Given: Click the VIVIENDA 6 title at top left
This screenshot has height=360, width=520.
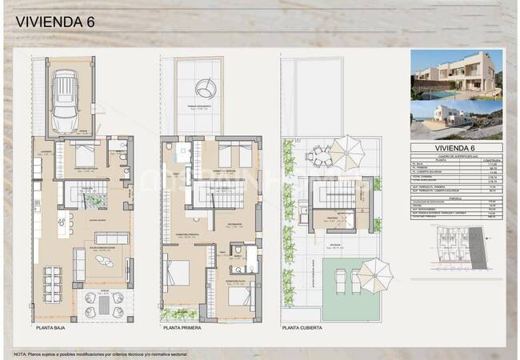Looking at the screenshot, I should coord(54,22).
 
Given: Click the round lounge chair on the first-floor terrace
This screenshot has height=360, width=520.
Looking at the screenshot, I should coord(206,85).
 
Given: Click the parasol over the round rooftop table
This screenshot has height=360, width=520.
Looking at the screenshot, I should coord(345,149).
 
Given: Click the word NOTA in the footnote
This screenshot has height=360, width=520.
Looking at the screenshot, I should coord(20,353).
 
